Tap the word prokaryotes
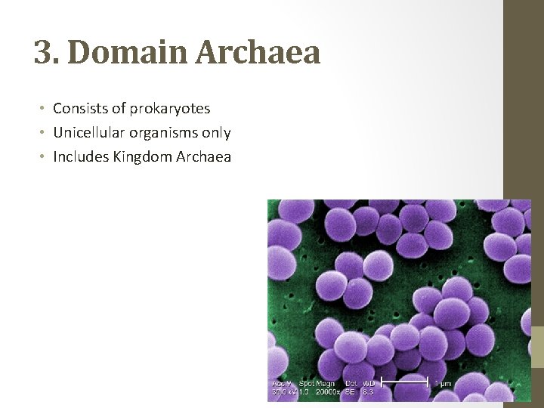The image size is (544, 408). (x=169, y=109)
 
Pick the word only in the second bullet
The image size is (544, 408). (x=216, y=133)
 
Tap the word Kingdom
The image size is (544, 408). (x=140, y=157)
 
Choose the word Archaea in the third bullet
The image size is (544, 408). (x=203, y=157)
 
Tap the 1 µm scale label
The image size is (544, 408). (x=443, y=384)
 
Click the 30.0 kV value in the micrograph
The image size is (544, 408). (x=283, y=392)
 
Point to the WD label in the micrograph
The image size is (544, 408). (x=369, y=384)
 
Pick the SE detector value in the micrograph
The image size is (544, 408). (x=350, y=392)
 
